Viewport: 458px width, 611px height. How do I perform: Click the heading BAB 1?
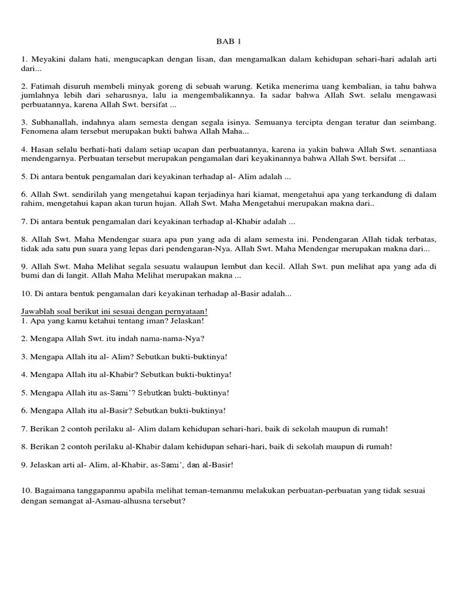pyautogui.click(x=228, y=42)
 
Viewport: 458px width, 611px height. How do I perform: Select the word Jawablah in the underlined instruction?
pyautogui.click(x=38, y=311)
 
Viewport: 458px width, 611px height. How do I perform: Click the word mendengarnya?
pyautogui.click(x=45, y=159)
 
